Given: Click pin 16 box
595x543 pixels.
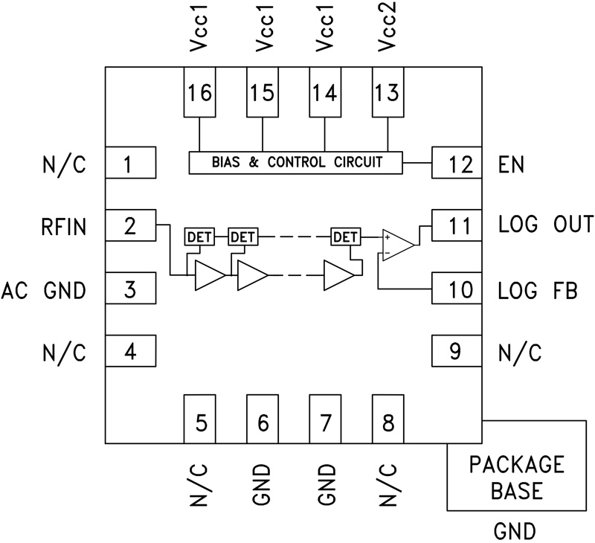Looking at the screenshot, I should coord(199,93).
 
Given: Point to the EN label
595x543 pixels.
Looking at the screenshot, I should coord(512,164).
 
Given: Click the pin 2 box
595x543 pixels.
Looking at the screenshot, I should coord(130,225).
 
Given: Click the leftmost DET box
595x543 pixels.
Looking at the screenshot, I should coord(199,237).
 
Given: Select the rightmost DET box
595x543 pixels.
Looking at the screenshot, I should coord(345,237).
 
